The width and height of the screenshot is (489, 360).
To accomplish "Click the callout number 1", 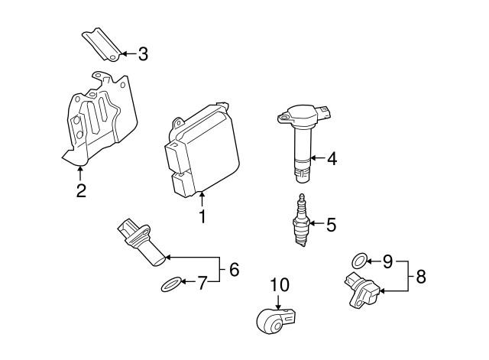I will (x=202, y=217).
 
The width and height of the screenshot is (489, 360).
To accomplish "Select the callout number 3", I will (x=143, y=54).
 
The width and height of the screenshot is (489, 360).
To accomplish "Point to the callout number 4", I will (x=331, y=159).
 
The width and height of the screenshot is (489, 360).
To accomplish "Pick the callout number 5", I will (x=331, y=225).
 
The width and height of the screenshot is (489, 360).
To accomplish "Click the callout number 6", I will (x=234, y=269).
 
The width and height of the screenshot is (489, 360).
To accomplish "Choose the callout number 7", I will (x=202, y=284).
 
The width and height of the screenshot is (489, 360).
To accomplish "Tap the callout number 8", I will (x=421, y=276).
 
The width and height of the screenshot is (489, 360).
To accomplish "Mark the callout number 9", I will (x=387, y=261).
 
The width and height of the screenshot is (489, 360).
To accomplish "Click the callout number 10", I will (x=280, y=285).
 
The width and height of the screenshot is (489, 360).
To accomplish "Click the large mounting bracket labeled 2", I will (x=99, y=118).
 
